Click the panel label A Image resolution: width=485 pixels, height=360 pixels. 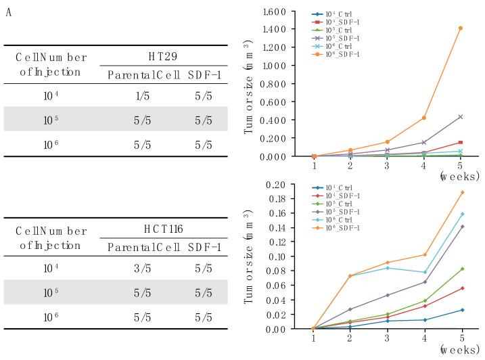[8, 13]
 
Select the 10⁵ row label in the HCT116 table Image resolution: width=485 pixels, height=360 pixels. [52, 294]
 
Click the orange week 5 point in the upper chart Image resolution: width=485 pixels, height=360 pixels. [461, 28]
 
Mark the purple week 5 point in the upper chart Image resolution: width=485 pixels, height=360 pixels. [461, 117]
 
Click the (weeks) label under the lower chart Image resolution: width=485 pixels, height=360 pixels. [460, 351]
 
